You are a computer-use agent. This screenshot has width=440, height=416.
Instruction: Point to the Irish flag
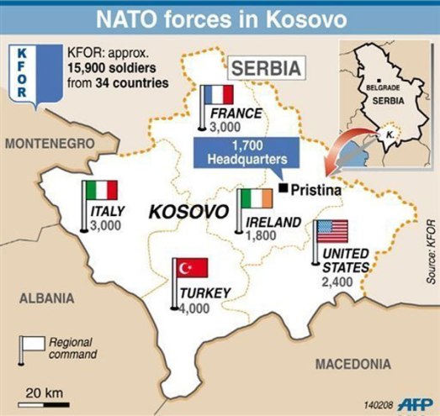point(256,199)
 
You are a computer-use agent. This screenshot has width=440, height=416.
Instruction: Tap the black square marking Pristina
point(285,187)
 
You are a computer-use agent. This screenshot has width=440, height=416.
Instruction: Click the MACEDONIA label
point(353,364)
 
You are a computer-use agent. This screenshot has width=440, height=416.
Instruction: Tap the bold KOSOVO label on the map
point(188,211)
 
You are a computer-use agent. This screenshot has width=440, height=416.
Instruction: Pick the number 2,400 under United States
point(339,283)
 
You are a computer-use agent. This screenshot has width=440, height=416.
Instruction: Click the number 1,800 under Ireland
point(262,237)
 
